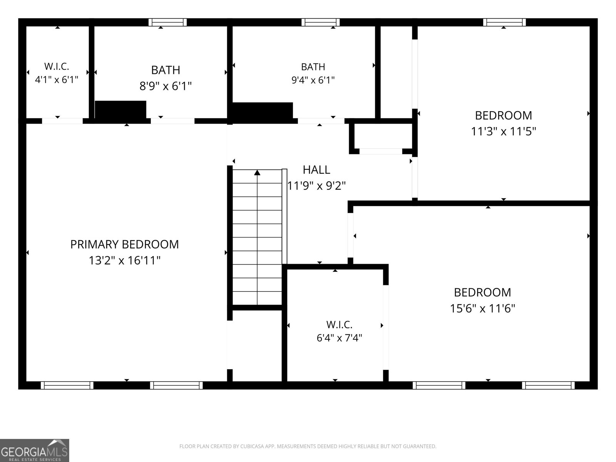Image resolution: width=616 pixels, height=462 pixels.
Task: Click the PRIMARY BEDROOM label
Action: coord(124,244)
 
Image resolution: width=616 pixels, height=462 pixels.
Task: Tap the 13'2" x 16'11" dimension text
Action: coord(125,260)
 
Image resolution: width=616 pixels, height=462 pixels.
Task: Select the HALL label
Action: coord(316,170)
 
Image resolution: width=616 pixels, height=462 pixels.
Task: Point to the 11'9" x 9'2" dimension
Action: coord(316,186)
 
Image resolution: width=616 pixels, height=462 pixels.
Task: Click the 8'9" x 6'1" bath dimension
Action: coord(166,86)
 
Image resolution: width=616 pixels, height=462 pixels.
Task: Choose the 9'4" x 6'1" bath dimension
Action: coord(313,80)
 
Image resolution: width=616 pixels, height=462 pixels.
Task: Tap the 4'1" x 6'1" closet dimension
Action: coord(57,80)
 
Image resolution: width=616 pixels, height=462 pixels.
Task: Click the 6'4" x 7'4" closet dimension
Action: coord(339,338)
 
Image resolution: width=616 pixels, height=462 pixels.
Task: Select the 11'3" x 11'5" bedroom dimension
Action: coord(504,131)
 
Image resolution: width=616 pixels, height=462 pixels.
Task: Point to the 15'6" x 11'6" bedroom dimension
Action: coord(482,308)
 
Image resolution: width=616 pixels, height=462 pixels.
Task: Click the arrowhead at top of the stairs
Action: coord(257,172)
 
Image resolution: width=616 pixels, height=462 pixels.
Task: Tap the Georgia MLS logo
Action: coord(35,450)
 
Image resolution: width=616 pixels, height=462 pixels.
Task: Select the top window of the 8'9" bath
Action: coord(167,22)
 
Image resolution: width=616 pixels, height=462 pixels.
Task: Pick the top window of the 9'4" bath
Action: coord(320,22)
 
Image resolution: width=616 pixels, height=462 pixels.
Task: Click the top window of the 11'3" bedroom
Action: coord(504,22)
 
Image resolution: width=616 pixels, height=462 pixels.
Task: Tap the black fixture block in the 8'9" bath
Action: coord(121,110)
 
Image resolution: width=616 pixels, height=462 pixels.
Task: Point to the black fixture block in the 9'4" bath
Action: coord(263,110)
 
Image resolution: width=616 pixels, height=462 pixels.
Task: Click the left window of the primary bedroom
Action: coord(67,385)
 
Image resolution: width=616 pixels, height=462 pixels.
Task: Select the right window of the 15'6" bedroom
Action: coord(548,385)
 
